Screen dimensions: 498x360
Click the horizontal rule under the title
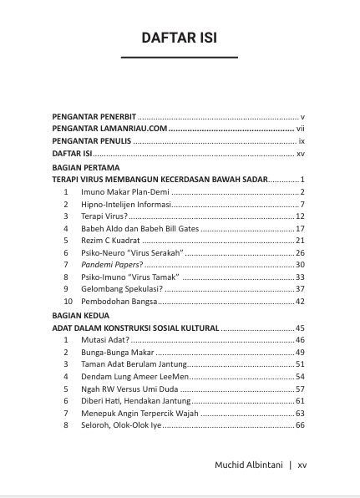tap(180, 57)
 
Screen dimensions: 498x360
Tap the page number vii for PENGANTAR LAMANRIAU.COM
tap(302, 129)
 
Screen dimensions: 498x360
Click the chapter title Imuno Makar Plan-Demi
tap(124, 192)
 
